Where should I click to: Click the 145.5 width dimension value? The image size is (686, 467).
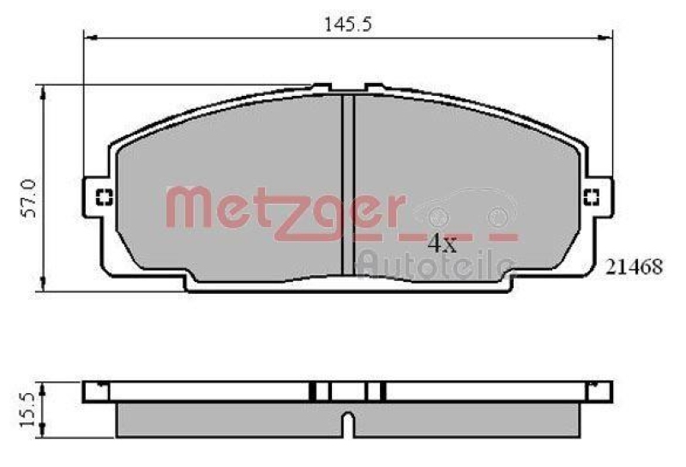click(x=346, y=25)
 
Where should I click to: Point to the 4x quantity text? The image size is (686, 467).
click(x=442, y=243)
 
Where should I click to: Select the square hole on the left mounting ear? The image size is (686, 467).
click(x=103, y=197)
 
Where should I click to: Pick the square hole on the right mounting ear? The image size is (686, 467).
click(x=592, y=198)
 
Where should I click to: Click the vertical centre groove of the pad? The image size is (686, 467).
click(x=348, y=184)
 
